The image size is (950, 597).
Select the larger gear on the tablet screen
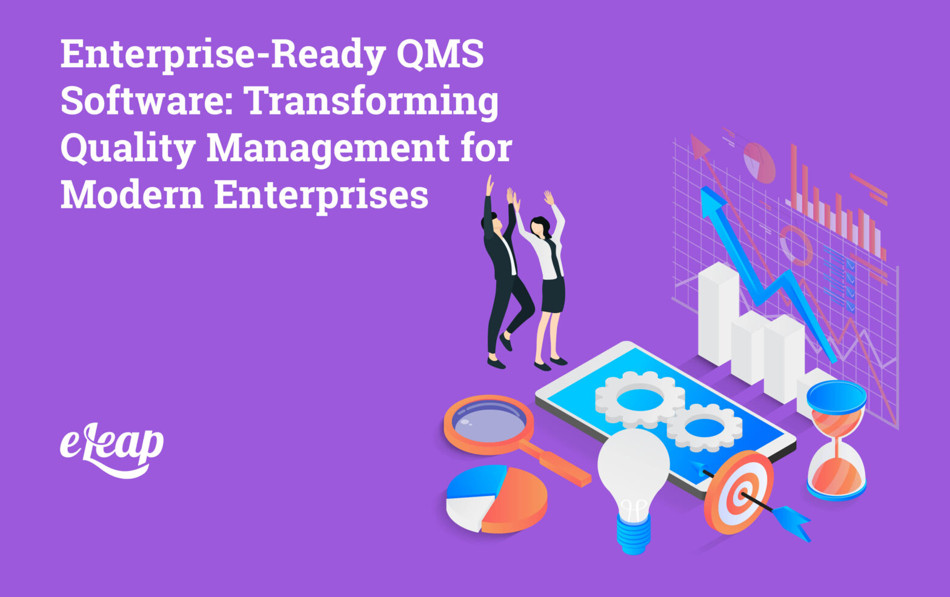click(639, 400)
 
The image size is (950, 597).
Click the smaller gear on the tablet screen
click(705, 427)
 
